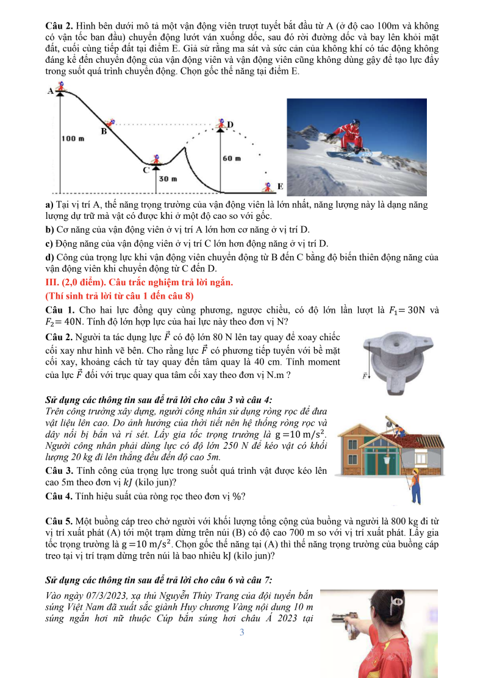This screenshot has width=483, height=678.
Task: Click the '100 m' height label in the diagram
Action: point(72,139)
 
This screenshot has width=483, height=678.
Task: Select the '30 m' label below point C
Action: point(168,179)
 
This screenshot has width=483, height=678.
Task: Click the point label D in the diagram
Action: point(231,124)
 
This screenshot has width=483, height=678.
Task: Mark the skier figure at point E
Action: point(265,185)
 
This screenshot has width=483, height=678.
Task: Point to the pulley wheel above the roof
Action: point(386,418)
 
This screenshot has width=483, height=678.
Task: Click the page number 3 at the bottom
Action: point(241,632)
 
